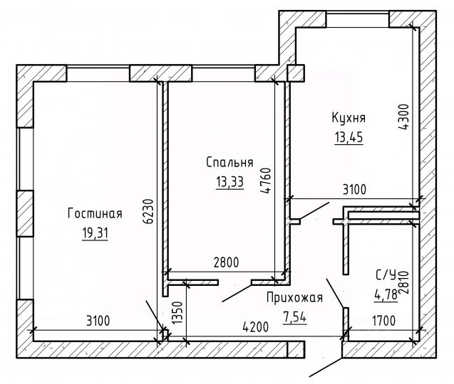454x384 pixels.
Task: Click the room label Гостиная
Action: pyautogui.click(x=95, y=213)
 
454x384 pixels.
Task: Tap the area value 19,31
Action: pyautogui.click(x=95, y=233)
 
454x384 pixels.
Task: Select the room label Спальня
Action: pyautogui.click(x=229, y=162)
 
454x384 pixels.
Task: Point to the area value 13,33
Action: pyautogui.click(x=230, y=182)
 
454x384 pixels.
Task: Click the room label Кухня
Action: pyautogui.click(x=349, y=118)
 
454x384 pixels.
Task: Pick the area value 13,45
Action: pyautogui.click(x=349, y=137)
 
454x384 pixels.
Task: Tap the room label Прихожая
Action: pyautogui.click(x=294, y=298)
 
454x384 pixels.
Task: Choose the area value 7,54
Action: pyautogui.click(x=294, y=317)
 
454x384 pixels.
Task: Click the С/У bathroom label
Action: pyautogui.click(x=386, y=275)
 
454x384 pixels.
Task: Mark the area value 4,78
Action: pyautogui.click(x=386, y=295)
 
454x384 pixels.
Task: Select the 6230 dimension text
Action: pyautogui.click(x=148, y=211)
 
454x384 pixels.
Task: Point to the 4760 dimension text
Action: pyautogui.click(x=266, y=181)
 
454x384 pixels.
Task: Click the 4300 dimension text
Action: pyautogui.click(x=403, y=117)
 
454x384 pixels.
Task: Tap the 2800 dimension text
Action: pyautogui.click(x=226, y=262)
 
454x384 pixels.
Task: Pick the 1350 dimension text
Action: pyautogui.click(x=177, y=313)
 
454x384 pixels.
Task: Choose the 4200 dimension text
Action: pyautogui.click(x=256, y=327)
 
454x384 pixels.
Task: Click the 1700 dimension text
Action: pyautogui.click(x=383, y=321)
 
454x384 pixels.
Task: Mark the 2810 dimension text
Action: pyautogui.click(x=403, y=282)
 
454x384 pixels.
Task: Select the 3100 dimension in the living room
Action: pyautogui.click(x=98, y=321)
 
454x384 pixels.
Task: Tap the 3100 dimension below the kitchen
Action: pyautogui.click(x=354, y=190)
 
